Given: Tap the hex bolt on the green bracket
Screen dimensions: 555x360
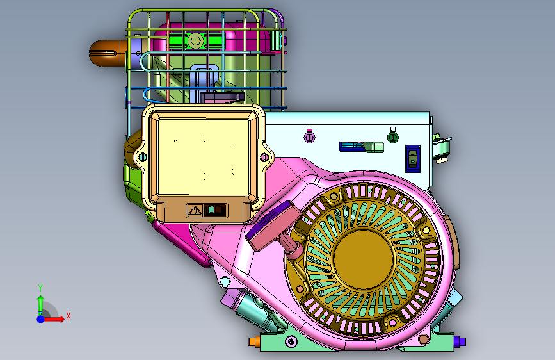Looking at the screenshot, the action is coord(195,40).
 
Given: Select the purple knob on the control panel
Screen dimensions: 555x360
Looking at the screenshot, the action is coord(309,136).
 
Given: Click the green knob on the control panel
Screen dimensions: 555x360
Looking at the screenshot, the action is coord(392,137).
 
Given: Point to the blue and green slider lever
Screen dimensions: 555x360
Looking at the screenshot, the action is coord(362,147).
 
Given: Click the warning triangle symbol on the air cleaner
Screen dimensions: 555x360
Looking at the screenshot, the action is coord(195,211).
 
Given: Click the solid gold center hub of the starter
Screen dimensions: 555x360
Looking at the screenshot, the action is coord(364,259).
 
